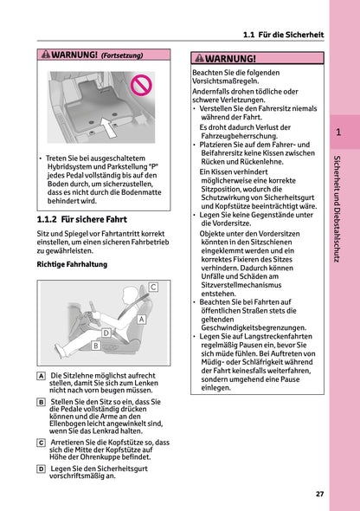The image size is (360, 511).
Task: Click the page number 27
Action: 319,494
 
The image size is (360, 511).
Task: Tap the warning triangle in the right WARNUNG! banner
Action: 200,59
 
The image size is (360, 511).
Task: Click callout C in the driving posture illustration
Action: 152,286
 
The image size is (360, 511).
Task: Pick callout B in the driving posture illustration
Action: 95,345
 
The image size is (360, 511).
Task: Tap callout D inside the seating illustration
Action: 106,333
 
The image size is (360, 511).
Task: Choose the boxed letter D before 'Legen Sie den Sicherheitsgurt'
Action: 42,468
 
